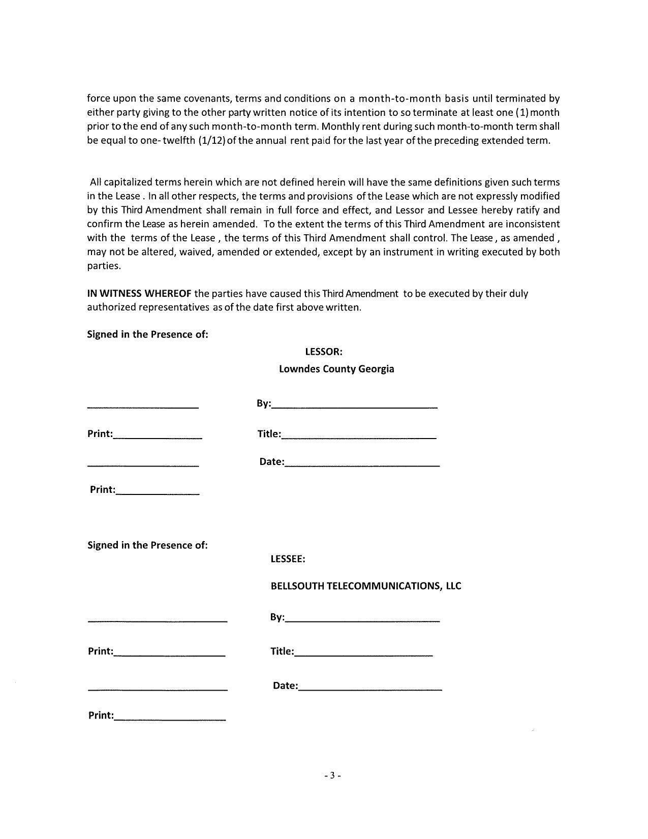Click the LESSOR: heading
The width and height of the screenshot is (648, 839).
coord(323,352)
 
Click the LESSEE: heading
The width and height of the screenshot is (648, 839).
coord(288,559)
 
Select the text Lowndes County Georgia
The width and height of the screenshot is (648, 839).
coord(336,369)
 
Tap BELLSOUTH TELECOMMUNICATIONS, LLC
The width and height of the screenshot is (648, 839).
coord(365,586)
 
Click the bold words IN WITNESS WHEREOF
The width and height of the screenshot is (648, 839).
coord(139,294)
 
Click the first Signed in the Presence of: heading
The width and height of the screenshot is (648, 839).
coord(147,334)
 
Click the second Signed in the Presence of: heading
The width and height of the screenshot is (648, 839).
coord(147,545)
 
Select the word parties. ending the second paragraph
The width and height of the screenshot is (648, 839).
coord(104,266)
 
